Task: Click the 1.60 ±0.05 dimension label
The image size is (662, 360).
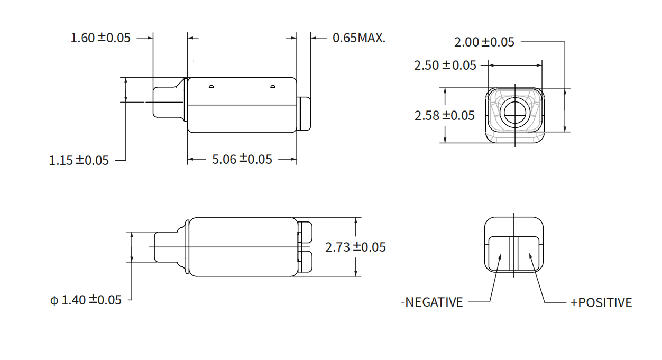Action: click(100, 38)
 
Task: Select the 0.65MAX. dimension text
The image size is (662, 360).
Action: click(359, 38)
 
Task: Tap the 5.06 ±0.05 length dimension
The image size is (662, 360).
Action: click(242, 159)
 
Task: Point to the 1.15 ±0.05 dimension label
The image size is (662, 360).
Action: click(79, 160)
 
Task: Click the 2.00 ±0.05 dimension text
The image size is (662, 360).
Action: click(484, 42)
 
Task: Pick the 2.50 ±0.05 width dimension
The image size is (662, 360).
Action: click(445, 66)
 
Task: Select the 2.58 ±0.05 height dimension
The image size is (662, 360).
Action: click(445, 115)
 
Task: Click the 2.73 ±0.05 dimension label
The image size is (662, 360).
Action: click(355, 247)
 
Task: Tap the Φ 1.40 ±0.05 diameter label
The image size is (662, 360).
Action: click(86, 300)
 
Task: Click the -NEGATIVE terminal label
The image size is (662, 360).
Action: click(432, 302)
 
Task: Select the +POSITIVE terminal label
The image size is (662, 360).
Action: click(601, 302)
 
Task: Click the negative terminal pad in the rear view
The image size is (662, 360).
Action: click(499, 254)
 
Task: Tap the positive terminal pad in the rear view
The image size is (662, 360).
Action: click(528, 254)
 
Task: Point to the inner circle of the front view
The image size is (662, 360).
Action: click(515, 113)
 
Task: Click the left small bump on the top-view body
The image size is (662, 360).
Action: click(212, 86)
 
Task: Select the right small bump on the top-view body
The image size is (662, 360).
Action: click(273, 86)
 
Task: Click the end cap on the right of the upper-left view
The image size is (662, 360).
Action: click(304, 114)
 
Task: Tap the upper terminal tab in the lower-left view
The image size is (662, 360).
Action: click(305, 232)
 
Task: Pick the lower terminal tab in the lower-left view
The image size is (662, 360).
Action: click(305, 262)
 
